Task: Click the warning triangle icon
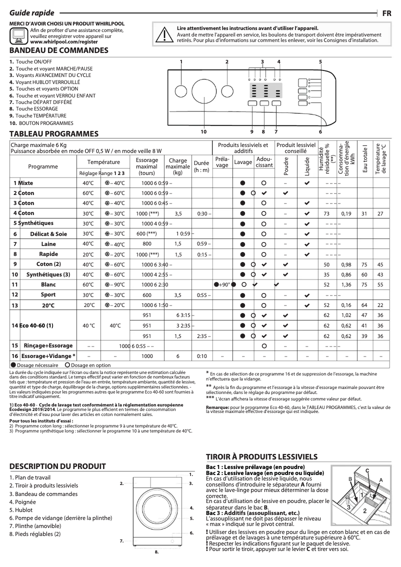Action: click(x=162, y=34)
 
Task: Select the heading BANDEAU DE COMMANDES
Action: click(x=59, y=50)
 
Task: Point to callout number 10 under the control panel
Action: click(x=203, y=131)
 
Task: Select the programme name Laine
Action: click(x=48, y=243)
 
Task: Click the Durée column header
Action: click(x=201, y=166)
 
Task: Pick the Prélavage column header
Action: click(x=222, y=162)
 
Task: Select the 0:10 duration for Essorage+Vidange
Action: click(x=201, y=356)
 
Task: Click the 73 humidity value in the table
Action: click(x=326, y=213)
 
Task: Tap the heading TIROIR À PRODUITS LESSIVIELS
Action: click(x=261, y=457)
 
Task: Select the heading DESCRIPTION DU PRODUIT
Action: click(x=57, y=466)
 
